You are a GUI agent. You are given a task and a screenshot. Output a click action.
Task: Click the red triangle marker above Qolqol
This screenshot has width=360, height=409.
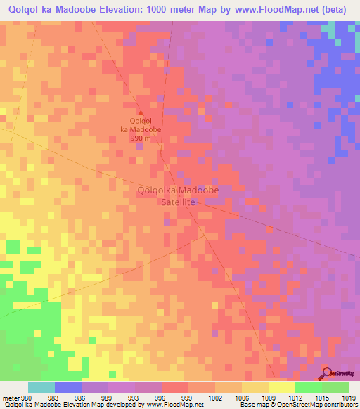pyautogui.click(x=140, y=114)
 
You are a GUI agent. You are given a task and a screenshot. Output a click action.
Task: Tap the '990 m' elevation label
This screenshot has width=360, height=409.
pyautogui.click(x=140, y=138)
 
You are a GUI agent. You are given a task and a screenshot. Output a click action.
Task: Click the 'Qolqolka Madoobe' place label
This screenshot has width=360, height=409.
pyautogui.click(x=179, y=190)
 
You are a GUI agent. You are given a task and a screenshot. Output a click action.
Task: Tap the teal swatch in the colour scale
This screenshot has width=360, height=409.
pyautogui.click(x=41, y=387)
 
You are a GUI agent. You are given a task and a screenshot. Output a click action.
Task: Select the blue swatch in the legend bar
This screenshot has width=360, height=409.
pyautogui.click(x=68, y=387)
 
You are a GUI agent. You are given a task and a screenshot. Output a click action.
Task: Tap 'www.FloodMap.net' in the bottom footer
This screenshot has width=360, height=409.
pyautogui.click(x=172, y=405)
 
